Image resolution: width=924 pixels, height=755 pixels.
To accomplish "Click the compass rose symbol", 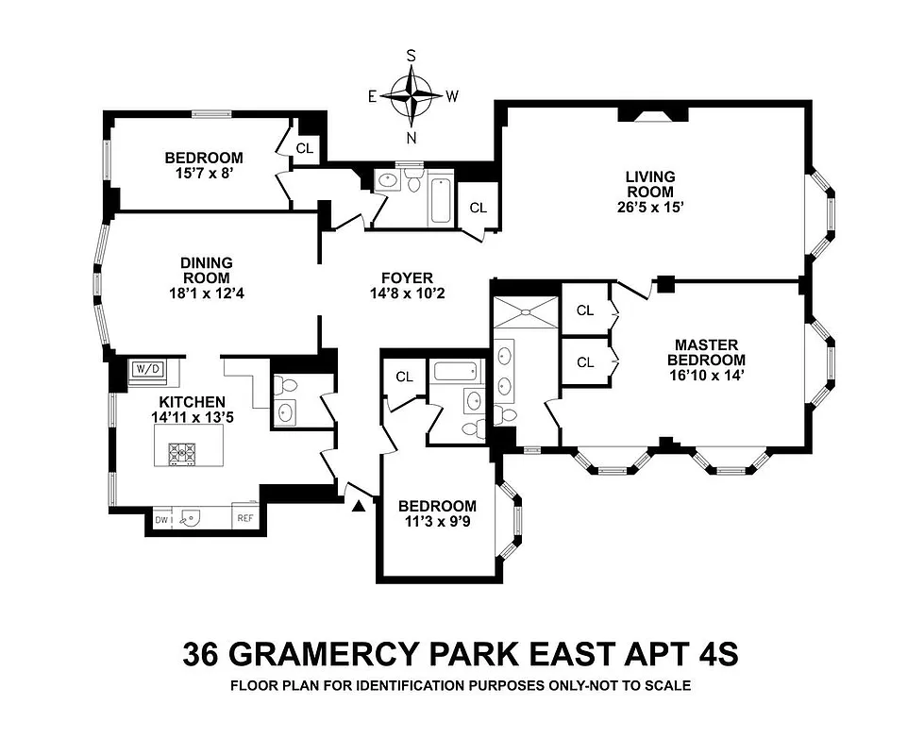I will pos(412,95).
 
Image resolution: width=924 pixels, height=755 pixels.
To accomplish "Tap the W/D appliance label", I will pos(146,369).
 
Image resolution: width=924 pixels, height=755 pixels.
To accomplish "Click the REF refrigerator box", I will pos(244,518).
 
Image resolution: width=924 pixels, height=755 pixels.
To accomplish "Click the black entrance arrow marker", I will pos(359,507).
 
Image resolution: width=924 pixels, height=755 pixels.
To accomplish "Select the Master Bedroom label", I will pos(706,352).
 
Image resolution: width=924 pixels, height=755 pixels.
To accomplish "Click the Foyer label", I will pos(407,277).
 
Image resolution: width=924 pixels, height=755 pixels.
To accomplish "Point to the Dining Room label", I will pos(207,270).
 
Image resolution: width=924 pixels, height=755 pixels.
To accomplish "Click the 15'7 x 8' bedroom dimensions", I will pos(203,174).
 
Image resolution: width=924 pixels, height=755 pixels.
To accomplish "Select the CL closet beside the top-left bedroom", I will pos(305,148).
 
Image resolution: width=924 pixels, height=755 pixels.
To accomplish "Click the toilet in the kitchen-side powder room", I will pos(290,386).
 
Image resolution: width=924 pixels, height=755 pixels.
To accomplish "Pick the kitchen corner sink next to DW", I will pos(193,517).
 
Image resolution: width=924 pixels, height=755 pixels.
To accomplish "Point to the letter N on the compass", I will pos(412,137).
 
